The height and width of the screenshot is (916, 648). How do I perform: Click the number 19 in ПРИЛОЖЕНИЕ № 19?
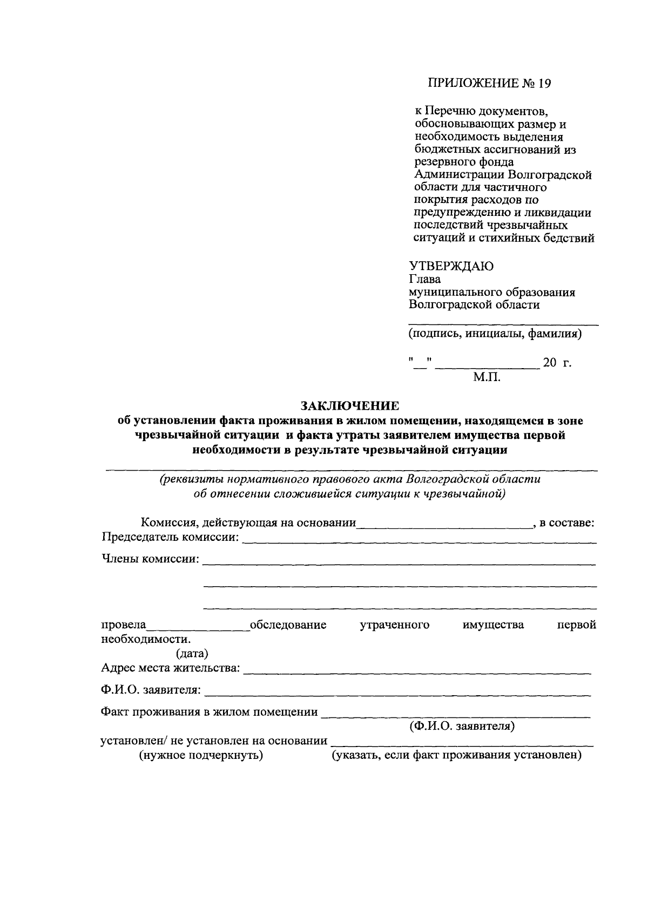pyautogui.click(x=546, y=83)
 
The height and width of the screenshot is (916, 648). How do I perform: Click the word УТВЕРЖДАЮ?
pyautogui.click(x=451, y=266)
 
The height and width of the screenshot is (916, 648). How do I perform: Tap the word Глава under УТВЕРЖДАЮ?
pyautogui.click(x=424, y=279)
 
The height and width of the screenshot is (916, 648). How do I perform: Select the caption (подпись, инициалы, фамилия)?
pyautogui.click(x=495, y=334)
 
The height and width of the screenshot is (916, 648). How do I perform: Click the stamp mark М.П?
pyautogui.click(x=487, y=377)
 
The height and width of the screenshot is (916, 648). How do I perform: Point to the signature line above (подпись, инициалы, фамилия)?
pyautogui.click(x=503, y=324)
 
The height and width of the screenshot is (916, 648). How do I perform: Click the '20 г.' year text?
pyautogui.click(x=557, y=363)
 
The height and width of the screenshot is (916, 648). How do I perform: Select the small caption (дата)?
pyautogui.click(x=192, y=654)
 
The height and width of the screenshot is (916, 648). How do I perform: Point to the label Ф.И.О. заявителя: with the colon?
pyautogui.click(x=151, y=690)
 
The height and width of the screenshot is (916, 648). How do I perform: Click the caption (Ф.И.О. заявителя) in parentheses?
pyautogui.click(x=462, y=726)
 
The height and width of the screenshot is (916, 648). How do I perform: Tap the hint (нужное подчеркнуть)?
pyautogui.click(x=201, y=755)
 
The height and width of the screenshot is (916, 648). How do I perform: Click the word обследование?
pyautogui.click(x=288, y=625)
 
